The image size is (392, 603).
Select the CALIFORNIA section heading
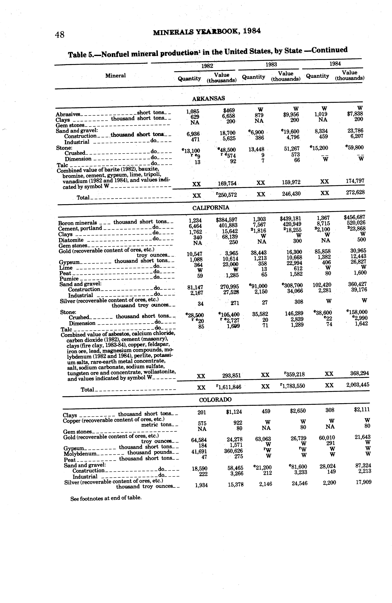click(211, 208)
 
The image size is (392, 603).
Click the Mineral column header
click(115, 76)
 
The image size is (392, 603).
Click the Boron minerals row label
click(78, 223)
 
